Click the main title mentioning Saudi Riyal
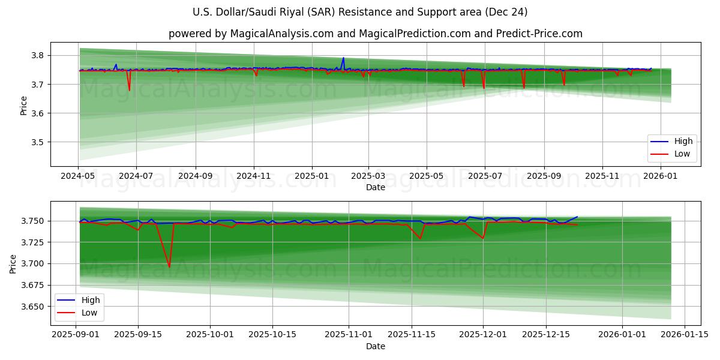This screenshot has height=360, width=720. (360, 12)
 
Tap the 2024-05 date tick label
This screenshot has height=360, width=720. (78, 176)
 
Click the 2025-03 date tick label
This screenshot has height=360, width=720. (368, 176)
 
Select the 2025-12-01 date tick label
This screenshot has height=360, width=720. (484, 335)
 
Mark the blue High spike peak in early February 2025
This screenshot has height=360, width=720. (343, 58)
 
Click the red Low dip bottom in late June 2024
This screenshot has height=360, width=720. (129, 91)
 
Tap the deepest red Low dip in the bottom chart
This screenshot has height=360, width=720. (169, 267)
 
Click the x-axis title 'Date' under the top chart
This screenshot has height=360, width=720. (376, 188)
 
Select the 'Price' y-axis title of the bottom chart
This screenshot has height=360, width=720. (14, 263)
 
